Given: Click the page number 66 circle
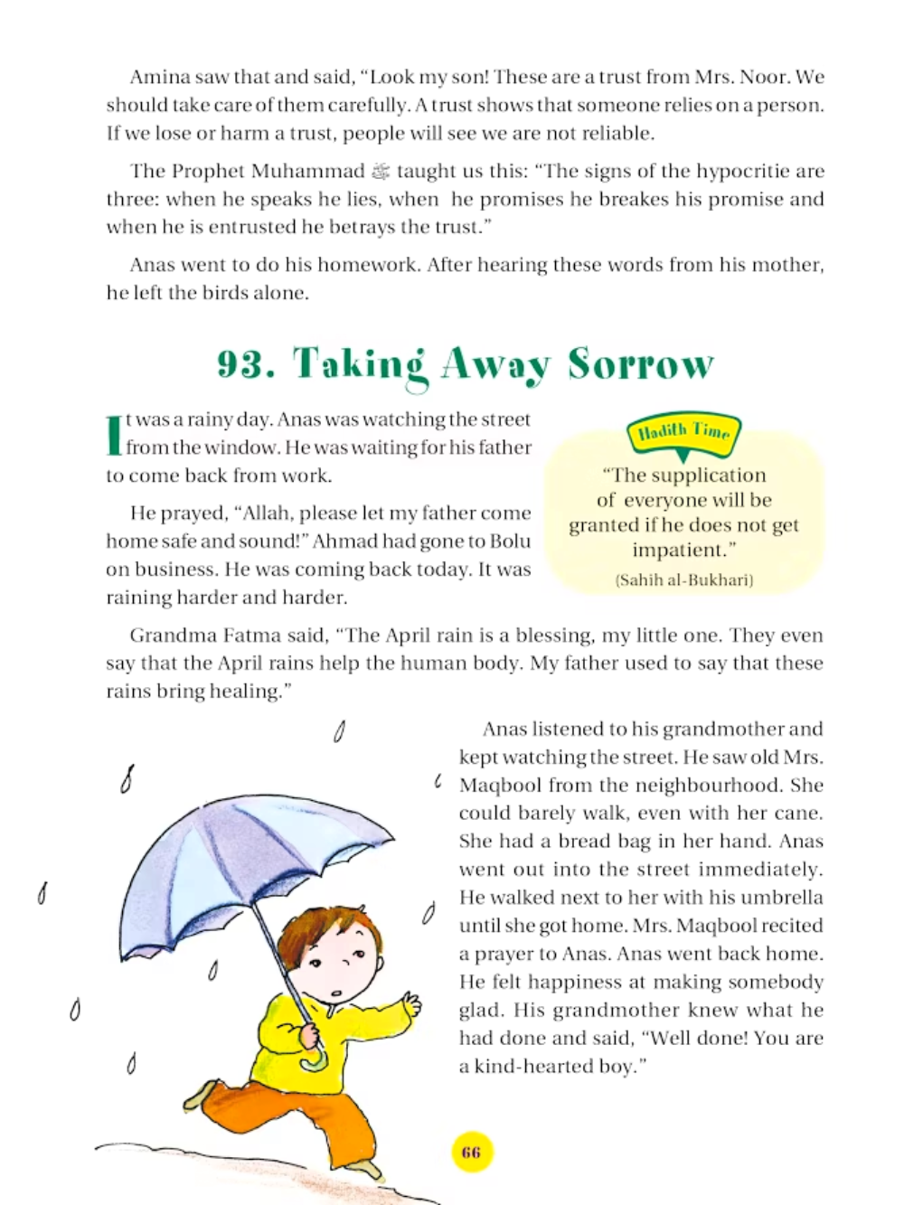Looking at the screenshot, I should coord(471,1153).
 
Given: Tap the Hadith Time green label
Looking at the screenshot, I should coord(683,433).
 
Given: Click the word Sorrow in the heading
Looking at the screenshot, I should coord(641,364).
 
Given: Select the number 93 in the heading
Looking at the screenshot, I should coord(246,364).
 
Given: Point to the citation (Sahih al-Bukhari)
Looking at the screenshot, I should coord(684,580).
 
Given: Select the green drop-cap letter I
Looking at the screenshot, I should coord(114,435).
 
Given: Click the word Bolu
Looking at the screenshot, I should coord(510,541).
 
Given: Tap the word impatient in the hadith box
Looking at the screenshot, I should coord(683,550).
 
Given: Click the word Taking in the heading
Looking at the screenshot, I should coord(359,364).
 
